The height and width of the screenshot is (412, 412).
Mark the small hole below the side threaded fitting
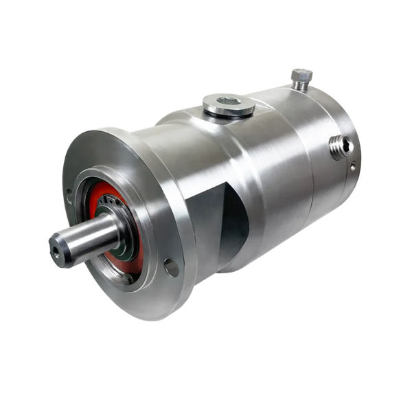pyautogui.click(x=352, y=165)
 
